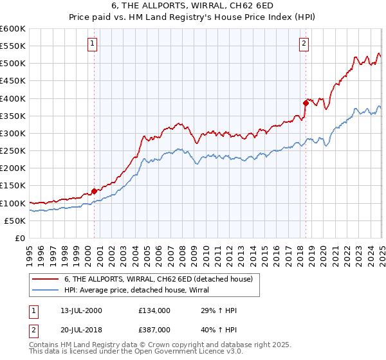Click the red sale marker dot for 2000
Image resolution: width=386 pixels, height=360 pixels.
(94, 191)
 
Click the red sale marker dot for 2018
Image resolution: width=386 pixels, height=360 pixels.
(306, 102)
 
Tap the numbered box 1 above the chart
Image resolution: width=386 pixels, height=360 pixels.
(93, 44)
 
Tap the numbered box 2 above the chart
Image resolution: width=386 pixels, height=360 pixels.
(303, 44)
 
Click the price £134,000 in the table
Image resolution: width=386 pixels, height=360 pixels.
(154, 310)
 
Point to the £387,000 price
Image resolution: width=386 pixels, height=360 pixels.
(154, 328)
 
